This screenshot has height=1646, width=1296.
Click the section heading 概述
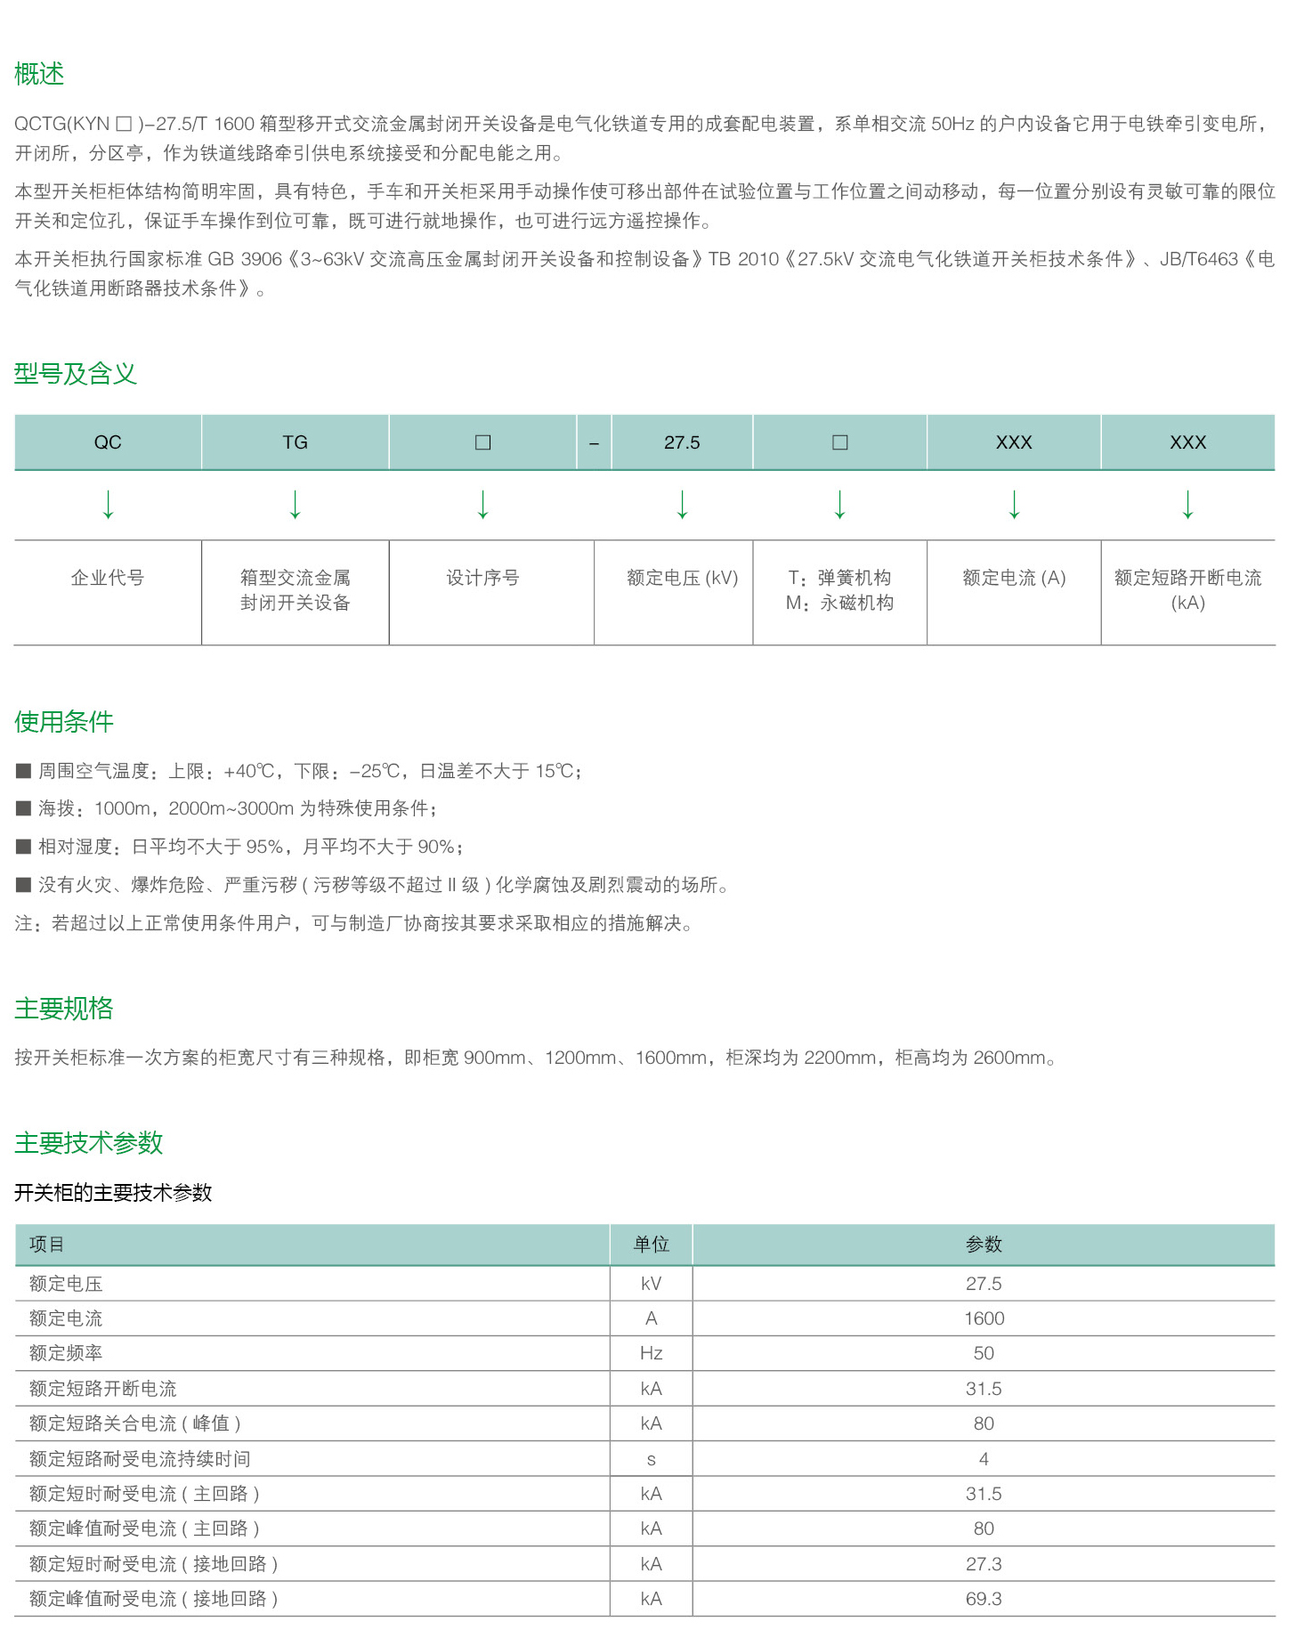click(x=39, y=74)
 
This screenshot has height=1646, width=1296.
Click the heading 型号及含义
click(x=76, y=374)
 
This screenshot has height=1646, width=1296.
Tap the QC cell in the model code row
click(x=108, y=442)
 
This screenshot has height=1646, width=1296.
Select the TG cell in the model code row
click(x=295, y=442)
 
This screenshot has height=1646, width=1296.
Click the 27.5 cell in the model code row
click(x=682, y=442)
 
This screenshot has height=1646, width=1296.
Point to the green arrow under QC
click(x=109, y=504)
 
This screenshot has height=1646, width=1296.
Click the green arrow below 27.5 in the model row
click(x=683, y=504)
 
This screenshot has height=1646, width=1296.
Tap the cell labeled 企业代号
click(x=108, y=578)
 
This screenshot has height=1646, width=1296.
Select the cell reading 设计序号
click(x=482, y=578)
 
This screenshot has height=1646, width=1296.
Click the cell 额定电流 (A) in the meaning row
click(x=1014, y=578)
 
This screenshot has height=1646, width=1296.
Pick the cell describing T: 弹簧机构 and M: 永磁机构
click(x=839, y=590)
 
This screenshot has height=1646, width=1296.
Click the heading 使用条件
click(x=64, y=722)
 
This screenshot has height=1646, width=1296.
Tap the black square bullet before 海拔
click(x=24, y=808)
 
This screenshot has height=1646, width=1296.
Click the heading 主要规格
click(x=64, y=1009)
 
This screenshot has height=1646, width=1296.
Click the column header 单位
click(x=651, y=1245)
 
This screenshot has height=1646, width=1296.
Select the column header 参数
click(x=984, y=1245)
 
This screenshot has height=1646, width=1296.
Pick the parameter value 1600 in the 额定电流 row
click(x=984, y=1318)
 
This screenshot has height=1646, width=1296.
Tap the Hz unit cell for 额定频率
click(x=651, y=1353)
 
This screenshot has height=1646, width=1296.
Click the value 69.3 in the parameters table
click(x=984, y=1599)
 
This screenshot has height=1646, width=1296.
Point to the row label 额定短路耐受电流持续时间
click(x=140, y=1459)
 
